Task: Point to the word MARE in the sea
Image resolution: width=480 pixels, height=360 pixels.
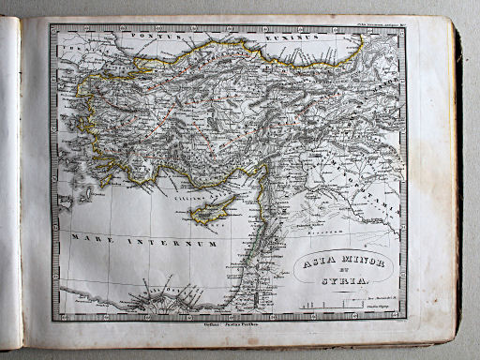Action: pyautogui.click(x=88, y=240)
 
